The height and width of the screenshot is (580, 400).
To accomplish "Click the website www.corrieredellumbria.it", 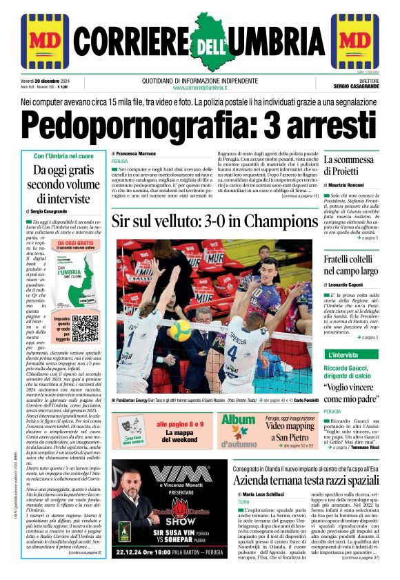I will click(200, 87).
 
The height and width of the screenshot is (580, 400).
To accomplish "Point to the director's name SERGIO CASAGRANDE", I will click(356, 87).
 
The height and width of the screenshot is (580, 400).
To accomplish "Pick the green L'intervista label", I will click(342, 354).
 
